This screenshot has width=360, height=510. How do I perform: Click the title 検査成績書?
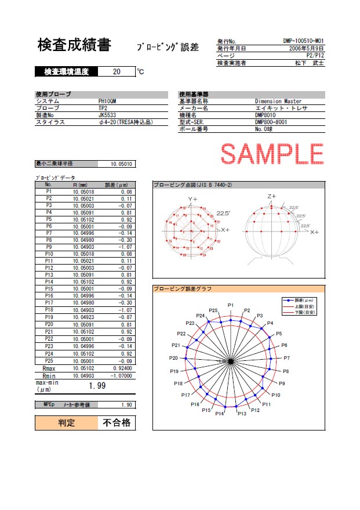(74, 45)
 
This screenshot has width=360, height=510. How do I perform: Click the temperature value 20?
(117, 72)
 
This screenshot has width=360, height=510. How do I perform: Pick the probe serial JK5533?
(107, 115)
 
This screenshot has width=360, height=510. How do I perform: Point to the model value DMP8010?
(267, 115)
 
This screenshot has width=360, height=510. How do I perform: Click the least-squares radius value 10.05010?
(122, 164)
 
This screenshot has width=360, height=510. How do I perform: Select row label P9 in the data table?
(49, 247)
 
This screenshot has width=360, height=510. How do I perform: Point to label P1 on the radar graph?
(230, 305)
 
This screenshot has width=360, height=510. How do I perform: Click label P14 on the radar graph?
(220, 414)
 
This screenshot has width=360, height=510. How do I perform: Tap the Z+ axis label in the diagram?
(272, 197)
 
